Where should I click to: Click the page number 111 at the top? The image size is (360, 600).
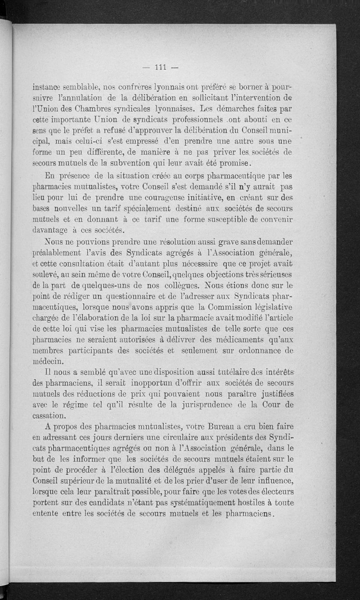coord(161,68)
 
